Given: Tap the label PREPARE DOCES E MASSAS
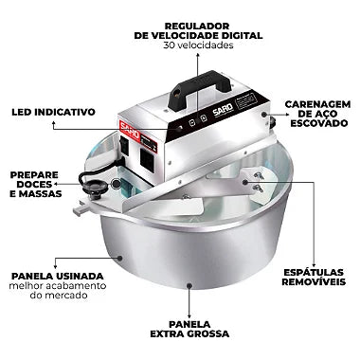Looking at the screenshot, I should [x=34, y=185].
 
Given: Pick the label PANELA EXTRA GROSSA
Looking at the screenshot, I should [x=188, y=328].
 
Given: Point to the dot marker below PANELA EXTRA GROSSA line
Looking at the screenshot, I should [x=188, y=283].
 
